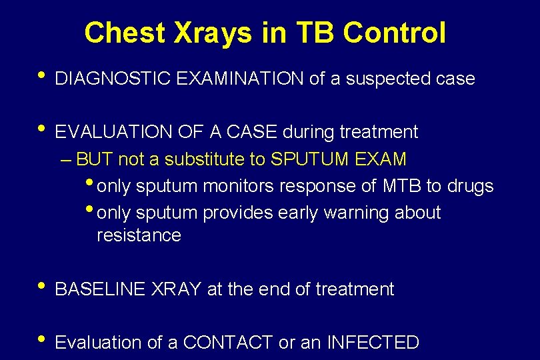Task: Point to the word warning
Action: point(355,213)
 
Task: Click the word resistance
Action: point(139,235)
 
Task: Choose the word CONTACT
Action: point(228,343)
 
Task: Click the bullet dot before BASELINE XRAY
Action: point(42,285)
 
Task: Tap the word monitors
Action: point(238,186)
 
